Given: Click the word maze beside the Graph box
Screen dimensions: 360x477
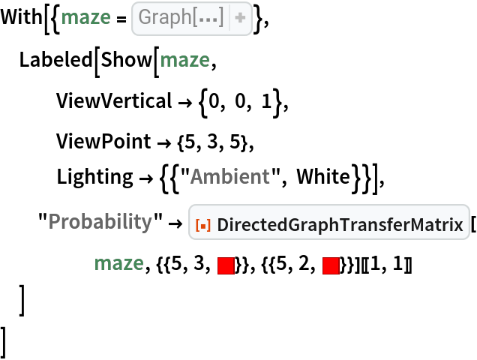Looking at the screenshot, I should (x=85, y=17).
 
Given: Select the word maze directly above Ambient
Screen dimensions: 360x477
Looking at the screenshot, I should (x=184, y=60).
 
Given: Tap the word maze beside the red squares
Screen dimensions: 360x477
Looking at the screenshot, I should (x=118, y=264).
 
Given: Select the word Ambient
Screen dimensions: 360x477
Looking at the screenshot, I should (x=229, y=177).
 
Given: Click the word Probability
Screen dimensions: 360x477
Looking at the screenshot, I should (x=100, y=222).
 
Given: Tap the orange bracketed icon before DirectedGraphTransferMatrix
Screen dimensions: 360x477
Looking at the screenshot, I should (x=202, y=223).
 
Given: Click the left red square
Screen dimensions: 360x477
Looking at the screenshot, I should (x=226, y=265).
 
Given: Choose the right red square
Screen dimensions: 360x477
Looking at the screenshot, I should (x=331, y=265).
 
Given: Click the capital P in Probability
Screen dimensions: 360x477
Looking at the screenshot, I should (x=54, y=222).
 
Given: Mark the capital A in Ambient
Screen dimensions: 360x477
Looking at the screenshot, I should (x=196, y=177).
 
